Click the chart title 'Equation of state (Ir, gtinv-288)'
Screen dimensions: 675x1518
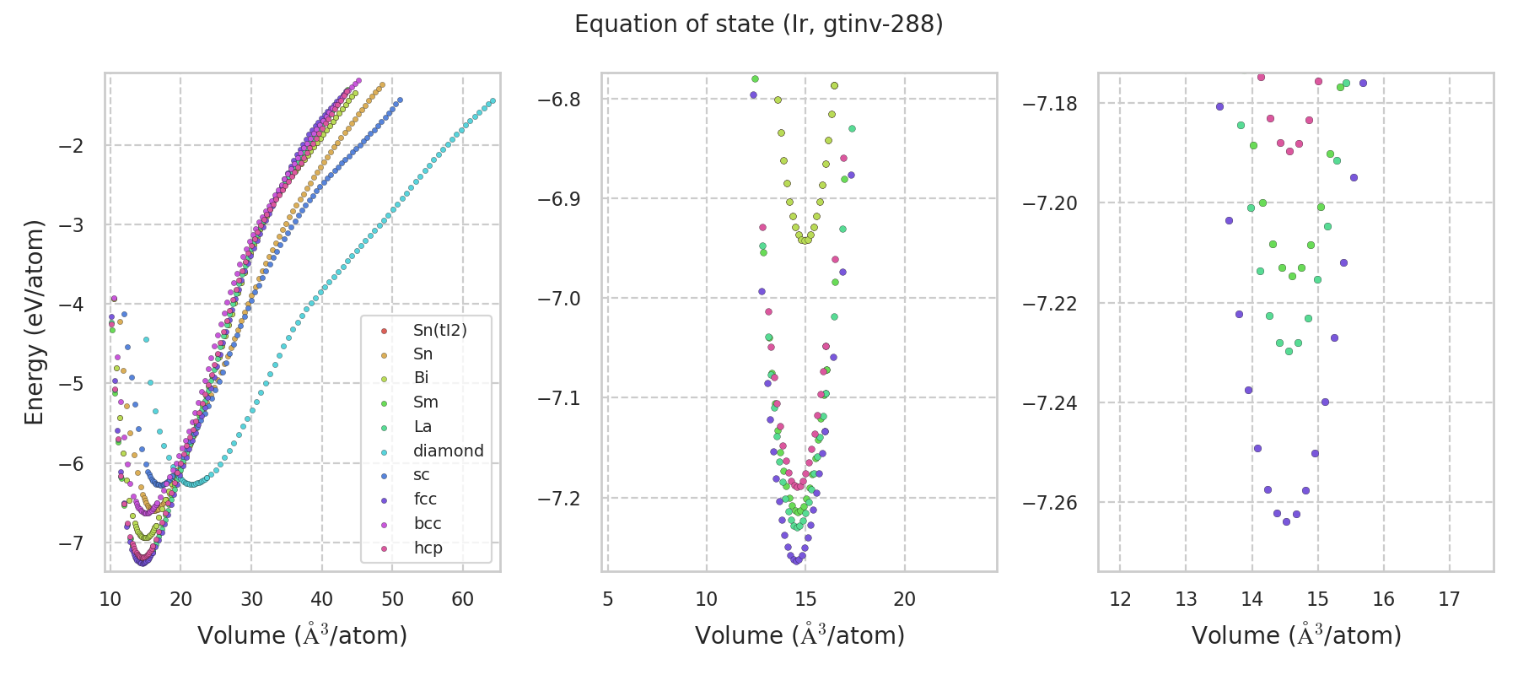click(758, 24)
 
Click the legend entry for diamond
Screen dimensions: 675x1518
click(448, 451)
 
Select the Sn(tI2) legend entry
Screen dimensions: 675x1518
click(439, 330)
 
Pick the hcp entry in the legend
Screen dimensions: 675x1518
click(428, 548)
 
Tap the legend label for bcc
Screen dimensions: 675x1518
click(428, 523)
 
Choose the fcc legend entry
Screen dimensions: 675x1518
click(425, 499)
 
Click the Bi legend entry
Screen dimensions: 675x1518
click(421, 378)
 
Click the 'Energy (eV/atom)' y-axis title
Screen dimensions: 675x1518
click(34, 322)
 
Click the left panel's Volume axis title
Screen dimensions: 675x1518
click(302, 635)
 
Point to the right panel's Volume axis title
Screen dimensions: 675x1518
click(1296, 635)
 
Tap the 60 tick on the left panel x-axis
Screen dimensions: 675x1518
click(462, 600)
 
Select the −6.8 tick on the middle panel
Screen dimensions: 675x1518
click(559, 100)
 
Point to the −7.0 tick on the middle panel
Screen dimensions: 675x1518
click(559, 299)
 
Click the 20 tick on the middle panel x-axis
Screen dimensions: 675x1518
click(904, 600)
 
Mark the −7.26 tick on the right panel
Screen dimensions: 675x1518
click(1050, 503)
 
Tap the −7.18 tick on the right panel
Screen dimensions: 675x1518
click(1050, 104)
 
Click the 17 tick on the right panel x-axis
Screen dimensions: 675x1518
click(1449, 600)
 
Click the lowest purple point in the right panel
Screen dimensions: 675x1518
click(1286, 521)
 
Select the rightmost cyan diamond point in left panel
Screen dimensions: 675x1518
click(493, 101)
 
